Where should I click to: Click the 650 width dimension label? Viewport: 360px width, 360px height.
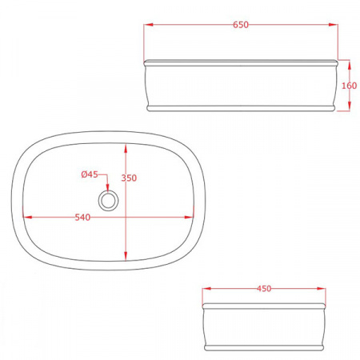(241, 25)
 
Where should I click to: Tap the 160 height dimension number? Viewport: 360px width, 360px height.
(349, 86)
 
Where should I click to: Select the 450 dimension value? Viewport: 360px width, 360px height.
(264, 289)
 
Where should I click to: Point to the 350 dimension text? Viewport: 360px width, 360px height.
(129, 178)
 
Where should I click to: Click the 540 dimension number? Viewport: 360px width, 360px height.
(82, 218)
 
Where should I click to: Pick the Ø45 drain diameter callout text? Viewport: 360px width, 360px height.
(90, 174)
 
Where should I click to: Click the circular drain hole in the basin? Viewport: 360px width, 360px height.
(108, 201)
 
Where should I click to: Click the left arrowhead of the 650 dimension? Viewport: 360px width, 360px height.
(149, 25)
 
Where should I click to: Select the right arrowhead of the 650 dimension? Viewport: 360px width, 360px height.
(334, 25)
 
